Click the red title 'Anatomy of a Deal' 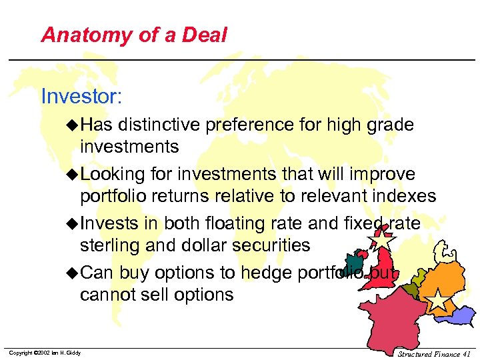tap(134, 35)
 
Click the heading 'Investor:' tap(81, 96)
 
